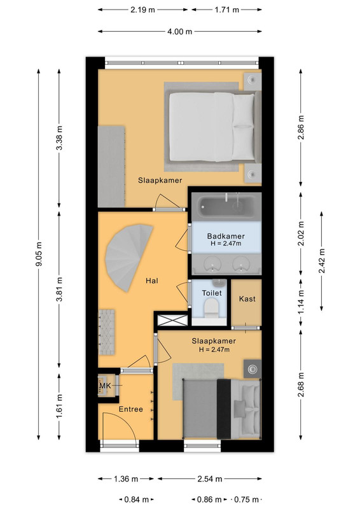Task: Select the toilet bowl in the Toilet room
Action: tap(211, 309)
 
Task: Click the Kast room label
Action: tap(247, 298)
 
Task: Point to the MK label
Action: tap(105, 386)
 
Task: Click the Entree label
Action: tap(131, 409)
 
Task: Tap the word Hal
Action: tap(152, 281)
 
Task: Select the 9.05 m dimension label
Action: tap(39, 254)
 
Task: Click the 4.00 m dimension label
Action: tap(180, 31)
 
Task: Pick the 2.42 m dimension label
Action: tap(321, 261)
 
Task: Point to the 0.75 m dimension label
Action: tap(247, 499)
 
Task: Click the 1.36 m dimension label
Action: tap(126, 479)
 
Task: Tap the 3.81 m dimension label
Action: tap(59, 289)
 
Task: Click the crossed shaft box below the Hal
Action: tap(172, 320)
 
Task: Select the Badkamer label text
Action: tap(226, 236)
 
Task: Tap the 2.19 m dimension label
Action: tap(143, 10)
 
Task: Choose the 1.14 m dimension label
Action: tap(301, 302)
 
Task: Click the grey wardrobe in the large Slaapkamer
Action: tap(111, 167)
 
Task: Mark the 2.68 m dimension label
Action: tap(301, 385)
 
